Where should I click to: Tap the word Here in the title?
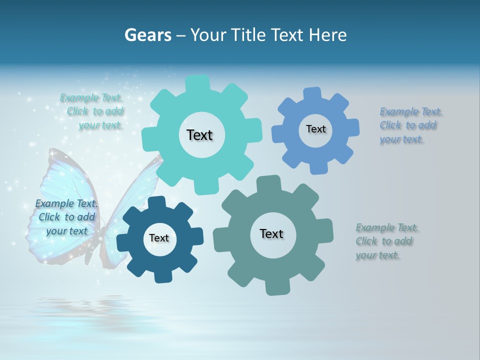[x=328, y=35]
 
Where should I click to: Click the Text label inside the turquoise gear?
[x=199, y=135]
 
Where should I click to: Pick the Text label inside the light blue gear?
[x=315, y=129]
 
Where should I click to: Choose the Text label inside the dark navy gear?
[x=159, y=238]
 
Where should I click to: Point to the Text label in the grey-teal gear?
[x=271, y=233]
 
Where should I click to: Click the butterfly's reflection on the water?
[x=80, y=305]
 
